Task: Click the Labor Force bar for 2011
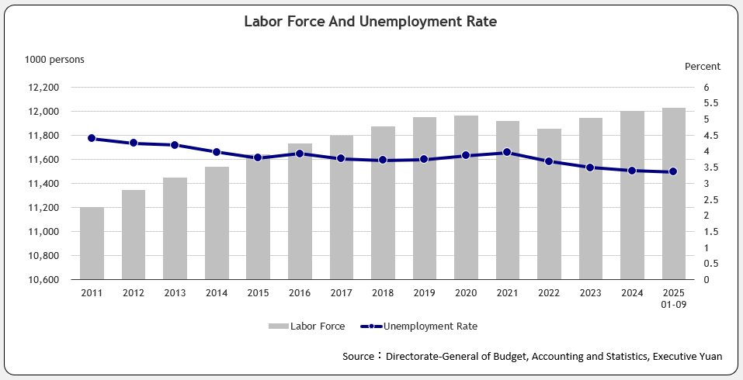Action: (92, 244)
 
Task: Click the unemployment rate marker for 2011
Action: (92, 138)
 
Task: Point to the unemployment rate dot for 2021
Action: (507, 152)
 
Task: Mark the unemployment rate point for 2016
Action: (300, 154)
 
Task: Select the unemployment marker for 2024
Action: (632, 171)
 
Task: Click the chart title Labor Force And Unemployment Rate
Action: (370, 22)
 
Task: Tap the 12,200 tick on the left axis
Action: (43, 88)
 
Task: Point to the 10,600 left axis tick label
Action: (43, 279)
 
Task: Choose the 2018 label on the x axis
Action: (383, 292)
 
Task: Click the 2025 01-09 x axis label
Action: (673, 298)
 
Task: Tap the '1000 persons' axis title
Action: (54, 59)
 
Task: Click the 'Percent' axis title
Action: (702, 67)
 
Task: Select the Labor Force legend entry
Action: (307, 326)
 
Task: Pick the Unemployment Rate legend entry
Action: (419, 326)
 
